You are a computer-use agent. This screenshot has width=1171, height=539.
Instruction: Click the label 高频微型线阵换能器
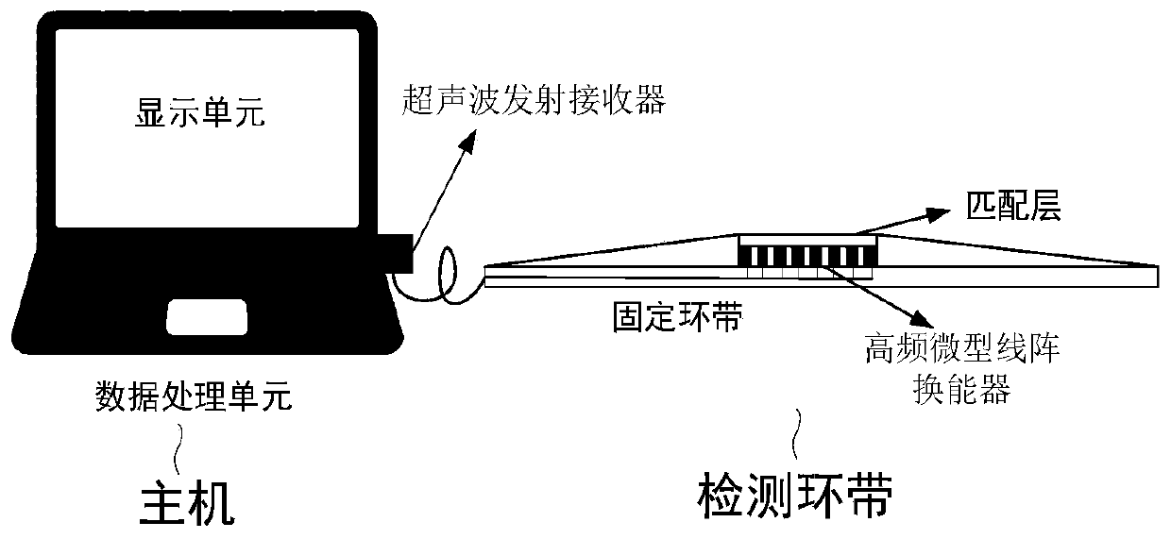(x=960, y=369)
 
